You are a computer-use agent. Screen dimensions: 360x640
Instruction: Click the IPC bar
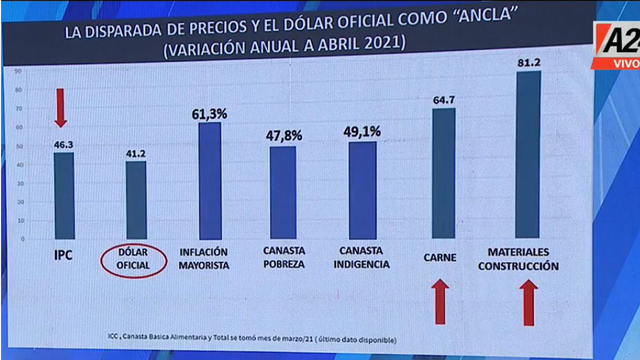63,196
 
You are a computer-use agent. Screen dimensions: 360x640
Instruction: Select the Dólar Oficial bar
135,200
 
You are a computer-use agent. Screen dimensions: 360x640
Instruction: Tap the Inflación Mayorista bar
210,181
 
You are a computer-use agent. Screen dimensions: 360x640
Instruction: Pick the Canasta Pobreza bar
283,193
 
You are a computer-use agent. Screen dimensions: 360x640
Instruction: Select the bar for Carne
443,173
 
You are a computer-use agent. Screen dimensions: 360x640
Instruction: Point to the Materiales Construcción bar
528,155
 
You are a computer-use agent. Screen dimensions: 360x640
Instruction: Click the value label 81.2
529,63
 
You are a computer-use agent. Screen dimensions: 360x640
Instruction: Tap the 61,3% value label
210,114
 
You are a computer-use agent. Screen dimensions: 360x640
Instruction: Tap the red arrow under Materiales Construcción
528,302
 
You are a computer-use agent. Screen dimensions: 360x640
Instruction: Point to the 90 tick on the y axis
18,70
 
